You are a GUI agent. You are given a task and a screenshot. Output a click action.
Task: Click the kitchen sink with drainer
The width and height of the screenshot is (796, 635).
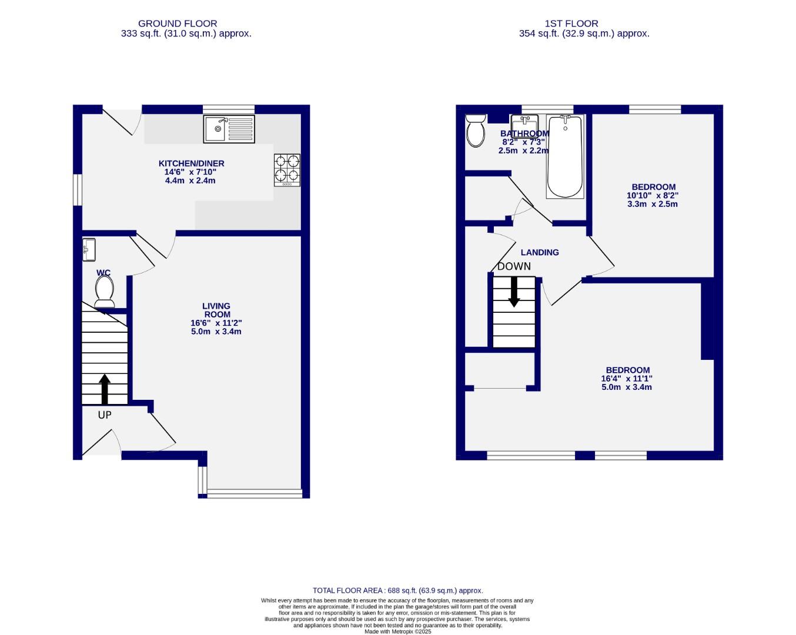(x=229, y=129)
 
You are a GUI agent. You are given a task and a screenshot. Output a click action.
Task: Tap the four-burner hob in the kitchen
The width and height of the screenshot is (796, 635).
(x=287, y=170)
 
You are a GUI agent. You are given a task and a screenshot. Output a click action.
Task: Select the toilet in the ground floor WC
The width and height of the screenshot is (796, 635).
(x=105, y=291)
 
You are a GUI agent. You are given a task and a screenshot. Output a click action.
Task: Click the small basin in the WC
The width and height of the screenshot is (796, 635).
(x=89, y=249)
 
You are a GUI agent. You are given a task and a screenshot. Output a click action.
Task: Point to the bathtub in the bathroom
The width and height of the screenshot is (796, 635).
(x=564, y=156)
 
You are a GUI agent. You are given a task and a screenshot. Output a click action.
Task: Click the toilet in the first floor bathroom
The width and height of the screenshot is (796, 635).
(x=475, y=131)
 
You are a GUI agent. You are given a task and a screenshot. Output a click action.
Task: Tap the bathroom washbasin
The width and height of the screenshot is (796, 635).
(x=524, y=125)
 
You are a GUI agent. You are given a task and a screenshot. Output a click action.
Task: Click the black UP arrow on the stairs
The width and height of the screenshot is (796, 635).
(x=105, y=389)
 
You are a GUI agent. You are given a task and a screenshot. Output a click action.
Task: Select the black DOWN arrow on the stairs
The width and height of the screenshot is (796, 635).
(x=514, y=292)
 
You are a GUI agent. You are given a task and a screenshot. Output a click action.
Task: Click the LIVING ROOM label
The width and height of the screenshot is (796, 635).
(x=216, y=310)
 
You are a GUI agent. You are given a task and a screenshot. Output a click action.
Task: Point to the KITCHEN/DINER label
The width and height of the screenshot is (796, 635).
(x=191, y=163)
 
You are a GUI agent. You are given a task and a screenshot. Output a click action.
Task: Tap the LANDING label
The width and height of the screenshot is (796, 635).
(x=540, y=252)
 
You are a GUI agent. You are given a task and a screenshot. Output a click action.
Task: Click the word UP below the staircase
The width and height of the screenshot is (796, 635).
(x=105, y=415)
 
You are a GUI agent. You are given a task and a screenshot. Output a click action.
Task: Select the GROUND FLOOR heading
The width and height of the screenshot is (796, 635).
(x=178, y=24)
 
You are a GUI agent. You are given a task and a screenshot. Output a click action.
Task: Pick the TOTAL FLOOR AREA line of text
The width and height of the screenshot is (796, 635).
(x=397, y=590)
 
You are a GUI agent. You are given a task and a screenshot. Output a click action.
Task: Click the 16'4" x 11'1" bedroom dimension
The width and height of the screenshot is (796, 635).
(x=627, y=379)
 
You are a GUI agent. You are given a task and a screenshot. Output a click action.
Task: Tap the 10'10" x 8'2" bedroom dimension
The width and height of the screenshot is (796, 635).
(x=653, y=196)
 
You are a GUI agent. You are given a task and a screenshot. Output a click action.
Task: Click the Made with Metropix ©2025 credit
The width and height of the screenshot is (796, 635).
(x=397, y=631)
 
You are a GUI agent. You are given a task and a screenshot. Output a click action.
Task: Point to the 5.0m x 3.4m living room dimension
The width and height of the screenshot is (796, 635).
(x=216, y=331)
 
